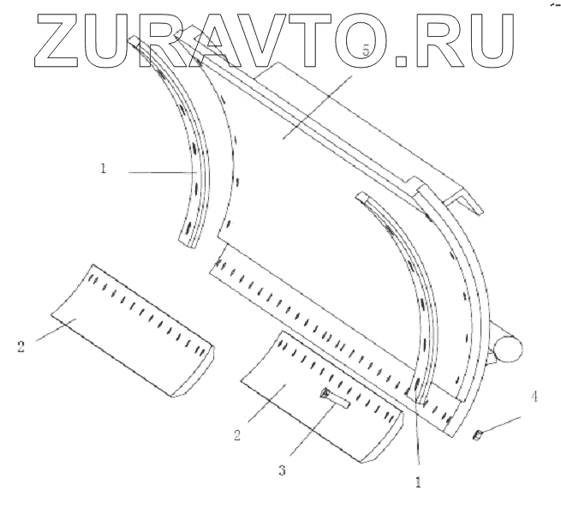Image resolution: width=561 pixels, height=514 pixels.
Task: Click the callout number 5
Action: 366,52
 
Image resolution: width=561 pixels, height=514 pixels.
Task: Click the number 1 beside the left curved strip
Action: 102,169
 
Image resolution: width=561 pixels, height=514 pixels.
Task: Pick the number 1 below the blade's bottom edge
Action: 419,482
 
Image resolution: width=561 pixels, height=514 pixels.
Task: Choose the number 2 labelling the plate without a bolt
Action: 20,347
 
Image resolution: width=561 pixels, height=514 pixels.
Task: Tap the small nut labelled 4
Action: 479,437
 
